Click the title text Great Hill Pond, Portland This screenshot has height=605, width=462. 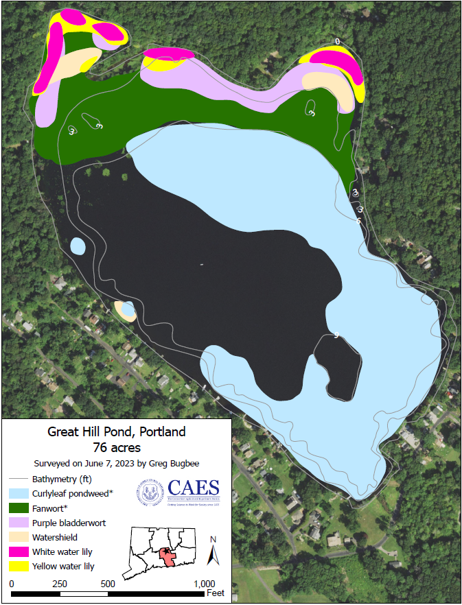(x=116, y=432)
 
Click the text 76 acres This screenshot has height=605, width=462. (x=116, y=447)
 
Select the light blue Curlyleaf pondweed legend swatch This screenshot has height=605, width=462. (x=19, y=493)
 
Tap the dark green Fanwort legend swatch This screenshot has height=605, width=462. (x=19, y=508)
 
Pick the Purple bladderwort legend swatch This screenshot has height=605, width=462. (x=19, y=523)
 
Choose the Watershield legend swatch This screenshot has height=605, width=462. (x=19, y=537)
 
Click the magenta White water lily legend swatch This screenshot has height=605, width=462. (x=19, y=551)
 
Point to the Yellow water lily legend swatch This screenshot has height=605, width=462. (x=19, y=566)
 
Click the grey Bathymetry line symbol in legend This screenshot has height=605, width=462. (x=19, y=479)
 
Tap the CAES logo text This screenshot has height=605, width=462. (x=194, y=488)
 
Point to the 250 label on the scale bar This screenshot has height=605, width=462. (x=60, y=583)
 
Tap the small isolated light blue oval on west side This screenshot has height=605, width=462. (x=78, y=246)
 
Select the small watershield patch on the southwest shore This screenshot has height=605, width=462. (x=124, y=311)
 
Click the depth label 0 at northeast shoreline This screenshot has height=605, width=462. (x=337, y=42)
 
